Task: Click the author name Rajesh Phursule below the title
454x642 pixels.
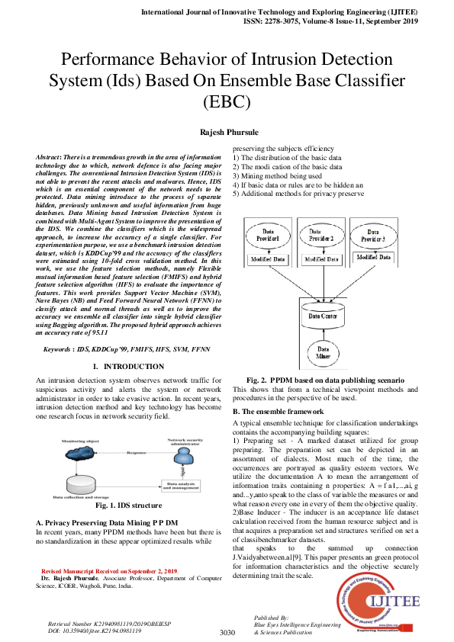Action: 227,131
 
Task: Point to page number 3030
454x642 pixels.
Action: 227,633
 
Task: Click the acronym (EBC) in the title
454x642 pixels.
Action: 227,100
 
